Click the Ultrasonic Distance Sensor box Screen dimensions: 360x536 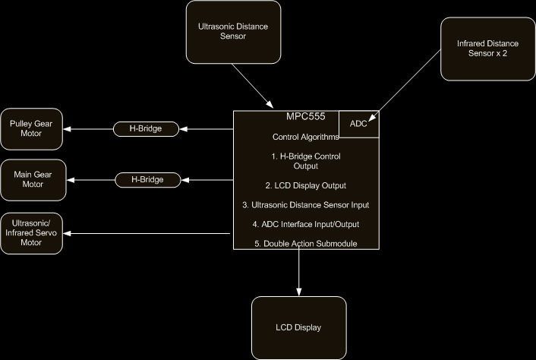pyautogui.click(x=233, y=31)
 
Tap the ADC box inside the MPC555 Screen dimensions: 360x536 pyautogui.click(x=358, y=124)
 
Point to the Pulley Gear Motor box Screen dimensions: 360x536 pyautogui.click(x=31, y=128)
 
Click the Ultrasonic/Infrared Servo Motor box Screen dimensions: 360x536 pyautogui.click(x=31, y=232)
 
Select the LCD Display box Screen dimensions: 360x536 pyautogui.click(x=298, y=327)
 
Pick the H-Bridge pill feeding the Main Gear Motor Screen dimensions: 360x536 pyautogui.click(x=149, y=180)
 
